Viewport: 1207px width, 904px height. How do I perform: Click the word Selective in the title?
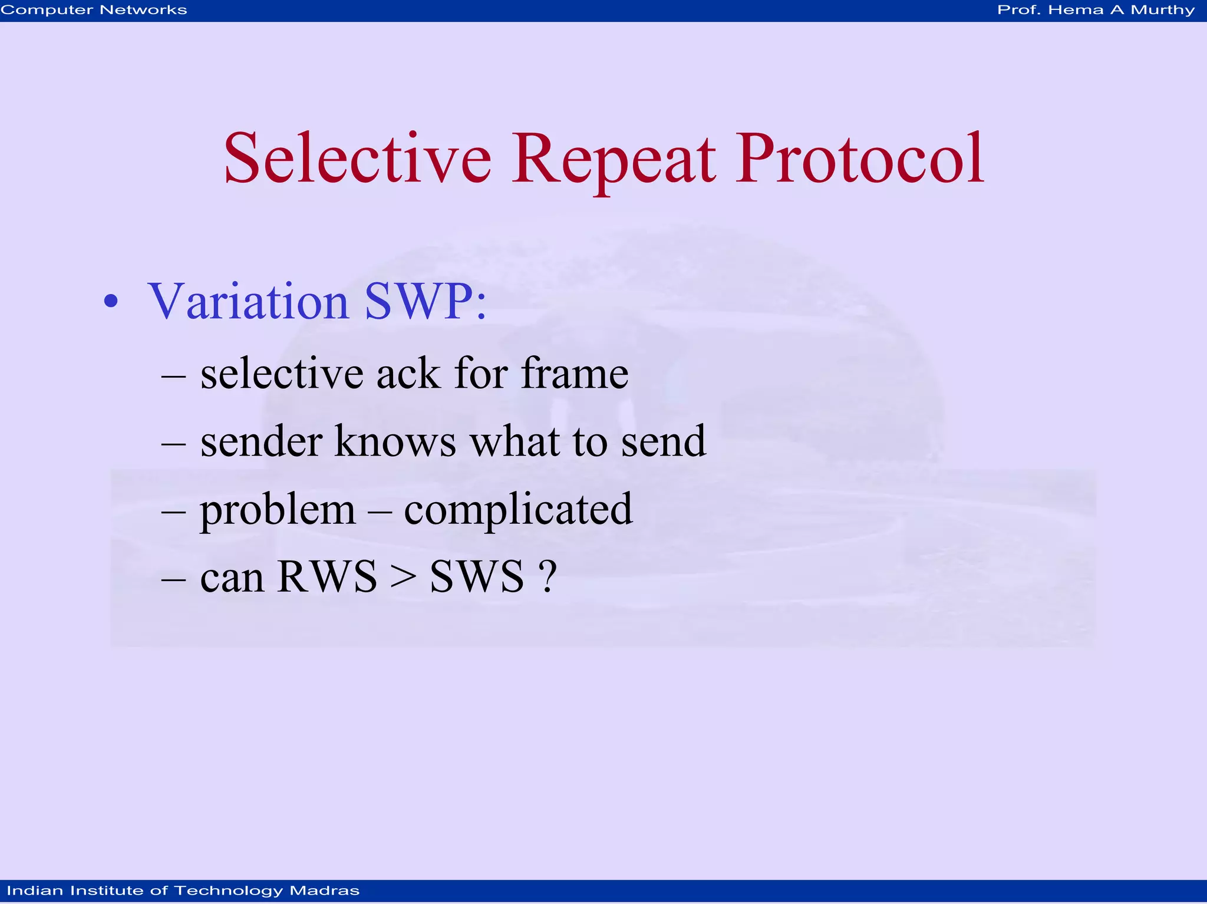(357, 159)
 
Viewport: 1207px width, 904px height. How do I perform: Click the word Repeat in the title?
(613, 159)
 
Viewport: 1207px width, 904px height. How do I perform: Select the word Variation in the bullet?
(248, 302)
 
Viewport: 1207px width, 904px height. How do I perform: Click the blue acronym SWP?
(426, 302)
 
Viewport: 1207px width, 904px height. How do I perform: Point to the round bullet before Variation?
(110, 302)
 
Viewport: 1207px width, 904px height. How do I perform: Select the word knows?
(395, 441)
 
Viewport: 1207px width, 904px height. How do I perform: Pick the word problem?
(278, 510)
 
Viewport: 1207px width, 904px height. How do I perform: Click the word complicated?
(518, 510)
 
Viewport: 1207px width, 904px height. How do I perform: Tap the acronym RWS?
(327, 576)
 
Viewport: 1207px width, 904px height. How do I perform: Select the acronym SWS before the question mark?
(476, 576)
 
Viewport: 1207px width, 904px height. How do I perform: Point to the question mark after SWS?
(548, 576)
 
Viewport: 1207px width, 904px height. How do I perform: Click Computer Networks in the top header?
(94, 10)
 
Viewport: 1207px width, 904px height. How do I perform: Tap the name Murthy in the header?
(1162, 10)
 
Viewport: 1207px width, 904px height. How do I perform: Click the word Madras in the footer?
(324, 890)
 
